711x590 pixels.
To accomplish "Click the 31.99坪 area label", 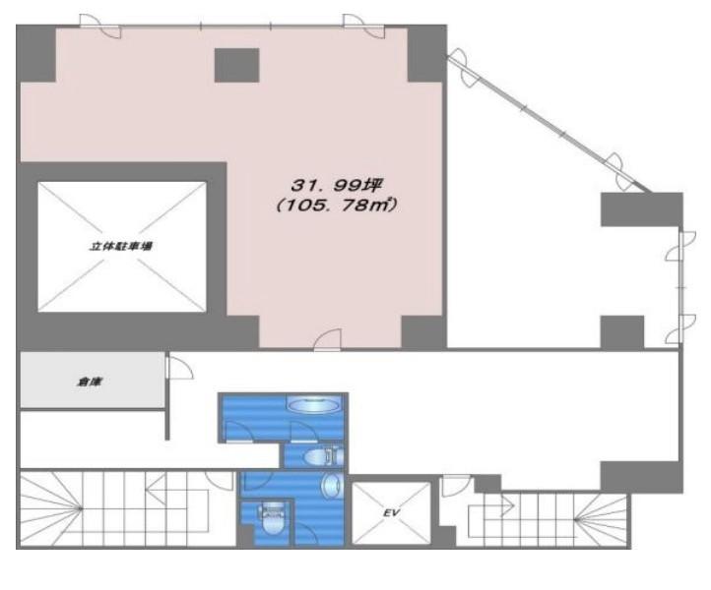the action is pos(337,185).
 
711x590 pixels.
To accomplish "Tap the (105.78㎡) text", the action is pos(337,206).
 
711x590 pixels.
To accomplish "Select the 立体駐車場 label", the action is pos(121,247).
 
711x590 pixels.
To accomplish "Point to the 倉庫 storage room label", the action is pos(90,383).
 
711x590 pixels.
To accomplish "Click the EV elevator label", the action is pos(391,512).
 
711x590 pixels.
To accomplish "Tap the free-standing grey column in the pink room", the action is pos(236,65).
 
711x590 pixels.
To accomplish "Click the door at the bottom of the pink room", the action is pos(327,339).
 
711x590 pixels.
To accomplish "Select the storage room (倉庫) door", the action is pos(179,367).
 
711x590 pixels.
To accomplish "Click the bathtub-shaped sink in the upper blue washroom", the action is pos(314,404).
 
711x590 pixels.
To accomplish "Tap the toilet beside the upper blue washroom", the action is pos(323,456).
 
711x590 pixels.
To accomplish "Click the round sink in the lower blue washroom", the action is pos(333,486).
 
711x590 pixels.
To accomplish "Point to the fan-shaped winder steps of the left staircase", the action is pos(51,509).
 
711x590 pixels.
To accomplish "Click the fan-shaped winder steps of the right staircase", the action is pos(602,519).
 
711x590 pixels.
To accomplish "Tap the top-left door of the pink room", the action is pos(100,26).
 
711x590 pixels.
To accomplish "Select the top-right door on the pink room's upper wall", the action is pos(363,26).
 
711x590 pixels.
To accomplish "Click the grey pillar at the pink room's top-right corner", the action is pos(425,54).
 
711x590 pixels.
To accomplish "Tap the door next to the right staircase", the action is pos(456,486).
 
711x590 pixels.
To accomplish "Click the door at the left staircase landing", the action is pos(220,480).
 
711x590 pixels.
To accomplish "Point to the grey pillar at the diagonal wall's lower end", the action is pos(642,209).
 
